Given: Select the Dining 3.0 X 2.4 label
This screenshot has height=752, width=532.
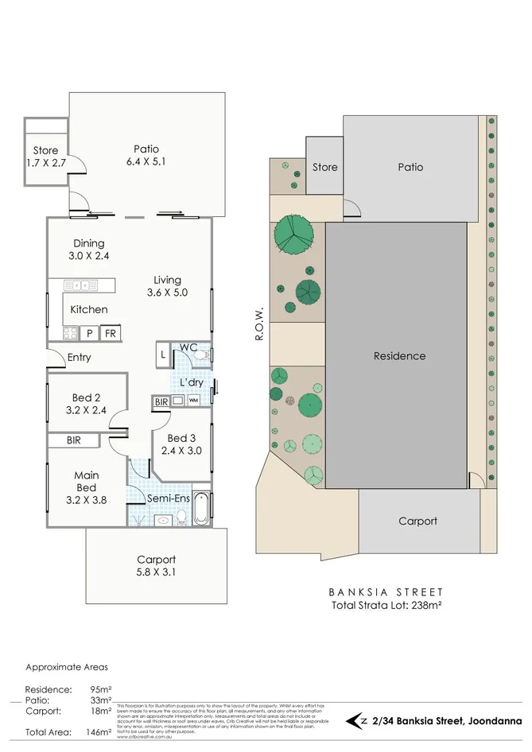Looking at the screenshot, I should coord(88,250).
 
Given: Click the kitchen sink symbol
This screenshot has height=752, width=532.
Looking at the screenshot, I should coord(80,285).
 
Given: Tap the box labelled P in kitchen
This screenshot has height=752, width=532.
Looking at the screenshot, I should coord(88,333).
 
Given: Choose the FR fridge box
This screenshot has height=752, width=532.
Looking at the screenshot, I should coord(110,333).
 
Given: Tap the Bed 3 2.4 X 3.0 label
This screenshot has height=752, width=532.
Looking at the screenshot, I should coord(182,444).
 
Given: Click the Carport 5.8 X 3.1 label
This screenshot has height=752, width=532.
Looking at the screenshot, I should coord(156,565).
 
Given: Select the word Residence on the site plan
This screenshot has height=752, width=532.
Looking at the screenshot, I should coord(399,356).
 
